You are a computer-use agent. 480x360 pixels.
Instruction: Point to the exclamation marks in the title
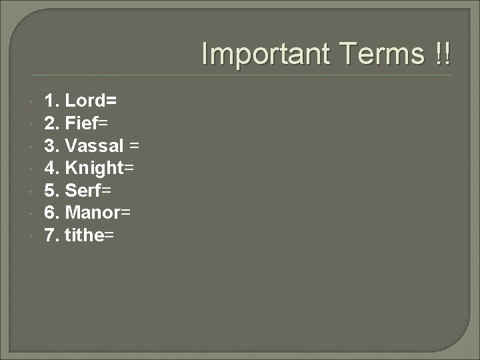(x=441, y=54)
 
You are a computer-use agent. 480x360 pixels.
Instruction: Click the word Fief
(x=83, y=123)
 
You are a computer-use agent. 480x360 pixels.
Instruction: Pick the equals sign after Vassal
(x=134, y=146)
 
